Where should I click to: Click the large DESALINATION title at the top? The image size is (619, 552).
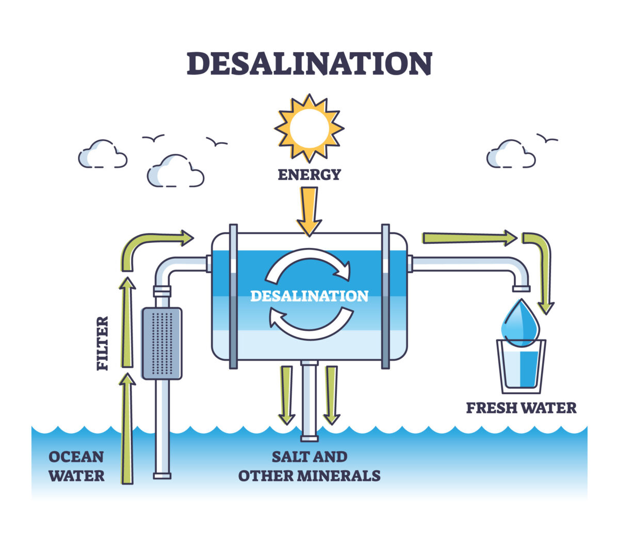point(309,63)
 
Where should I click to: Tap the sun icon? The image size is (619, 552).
point(309,128)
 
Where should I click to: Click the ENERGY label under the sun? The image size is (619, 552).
point(309,175)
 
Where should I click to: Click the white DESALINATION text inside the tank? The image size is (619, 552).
point(309,296)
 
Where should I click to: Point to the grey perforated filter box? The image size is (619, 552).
point(162,343)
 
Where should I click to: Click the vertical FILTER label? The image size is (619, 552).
point(103,343)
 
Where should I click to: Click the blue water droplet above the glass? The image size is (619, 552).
point(520,323)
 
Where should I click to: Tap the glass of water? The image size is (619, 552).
point(521,366)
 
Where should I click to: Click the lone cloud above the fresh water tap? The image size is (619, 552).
point(511,154)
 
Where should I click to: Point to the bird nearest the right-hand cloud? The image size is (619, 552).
point(547,138)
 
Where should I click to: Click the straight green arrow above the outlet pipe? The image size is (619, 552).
point(469,238)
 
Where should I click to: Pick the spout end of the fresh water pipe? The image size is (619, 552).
point(521,289)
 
